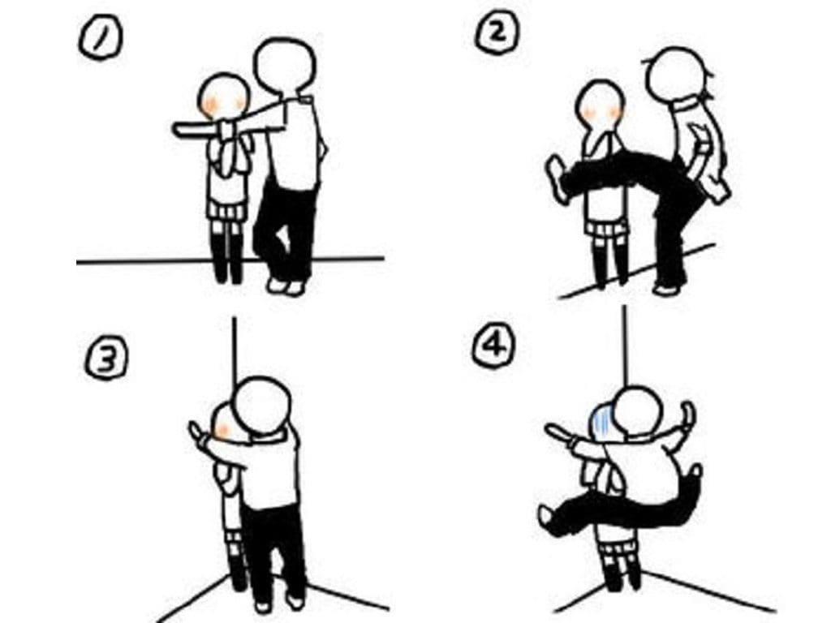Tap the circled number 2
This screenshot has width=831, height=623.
tap(497, 34)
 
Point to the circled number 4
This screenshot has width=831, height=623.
tap(493, 348)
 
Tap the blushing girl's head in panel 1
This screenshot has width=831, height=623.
tap(224, 97)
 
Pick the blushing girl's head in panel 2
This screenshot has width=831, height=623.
tap(600, 106)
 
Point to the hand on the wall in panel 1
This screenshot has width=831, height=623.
tap(183, 129)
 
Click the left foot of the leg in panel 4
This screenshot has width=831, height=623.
tap(549, 518)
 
